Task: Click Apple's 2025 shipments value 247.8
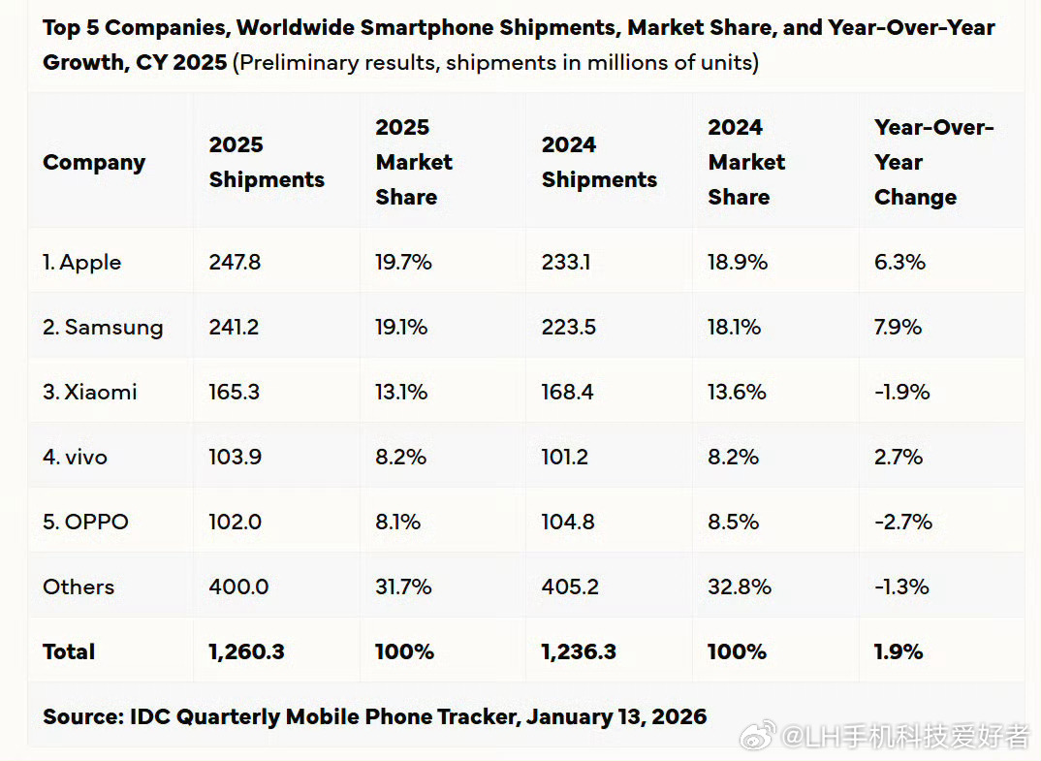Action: coord(234,262)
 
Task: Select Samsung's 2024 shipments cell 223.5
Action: coord(569,327)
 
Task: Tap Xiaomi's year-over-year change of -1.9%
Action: coord(901,392)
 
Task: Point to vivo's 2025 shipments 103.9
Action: coord(235,457)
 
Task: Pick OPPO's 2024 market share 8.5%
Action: coord(733,522)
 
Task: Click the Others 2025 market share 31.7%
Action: coord(403,587)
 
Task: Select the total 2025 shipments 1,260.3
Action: coord(246,651)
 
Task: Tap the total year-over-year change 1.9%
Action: coord(899,651)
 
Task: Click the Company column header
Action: coord(94,162)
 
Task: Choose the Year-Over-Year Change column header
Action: coord(933,162)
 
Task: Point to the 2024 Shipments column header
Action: coord(599,162)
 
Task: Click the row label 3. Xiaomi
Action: coord(90,392)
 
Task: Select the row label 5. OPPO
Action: coord(85,522)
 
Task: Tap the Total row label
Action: coord(69,651)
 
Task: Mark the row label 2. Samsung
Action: coord(103,327)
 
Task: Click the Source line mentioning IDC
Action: coord(374,717)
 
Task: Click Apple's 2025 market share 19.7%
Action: coord(403,262)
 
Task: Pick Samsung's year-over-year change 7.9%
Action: coord(899,327)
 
